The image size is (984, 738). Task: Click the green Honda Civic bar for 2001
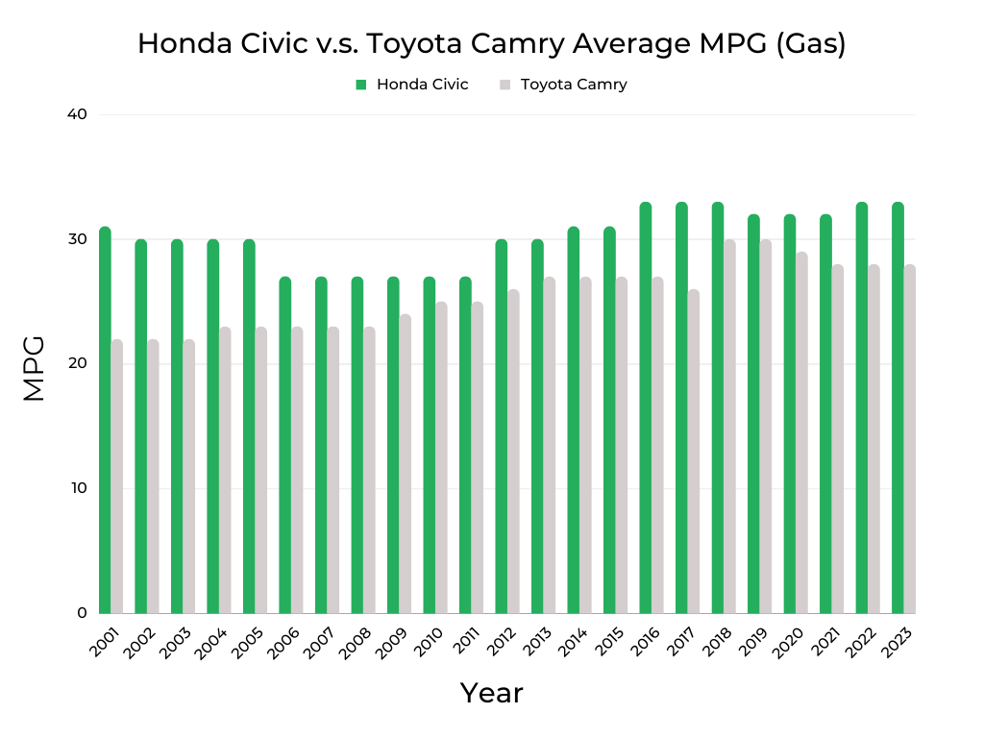[105, 420]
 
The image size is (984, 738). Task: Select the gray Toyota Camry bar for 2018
[729, 427]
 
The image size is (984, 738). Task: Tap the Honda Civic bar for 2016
[646, 407]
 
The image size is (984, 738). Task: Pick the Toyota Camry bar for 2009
[406, 463]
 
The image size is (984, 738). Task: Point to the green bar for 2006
[285, 445]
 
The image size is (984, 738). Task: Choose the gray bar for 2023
[910, 439]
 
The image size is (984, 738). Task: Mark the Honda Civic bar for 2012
[502, 427]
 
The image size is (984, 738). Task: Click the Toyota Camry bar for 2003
[189, 476]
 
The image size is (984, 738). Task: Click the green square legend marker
[361, 85]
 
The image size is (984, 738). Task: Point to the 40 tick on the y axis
[77, 114]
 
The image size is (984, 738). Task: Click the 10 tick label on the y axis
[77, 488]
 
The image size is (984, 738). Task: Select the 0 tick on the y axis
[81, 613]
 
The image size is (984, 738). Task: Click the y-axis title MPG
[35, 368]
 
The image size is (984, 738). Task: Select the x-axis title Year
[491, 693]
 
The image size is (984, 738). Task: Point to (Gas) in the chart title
[809, 44]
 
